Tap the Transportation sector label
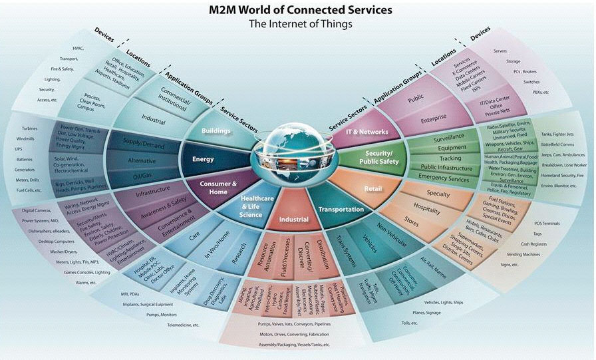[x=341, y=209]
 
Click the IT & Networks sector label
[x=367, y=132]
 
